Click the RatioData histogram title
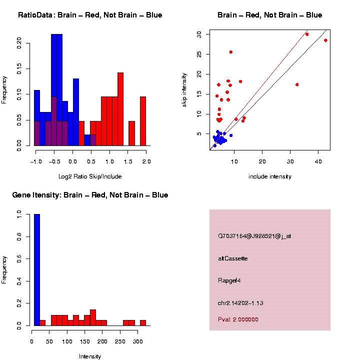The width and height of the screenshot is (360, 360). click(90, 15)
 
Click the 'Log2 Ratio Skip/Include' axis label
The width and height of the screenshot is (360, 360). click(90, 176)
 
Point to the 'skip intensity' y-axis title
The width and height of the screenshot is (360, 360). click(184, 88)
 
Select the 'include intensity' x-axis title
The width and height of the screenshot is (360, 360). click(269, 176)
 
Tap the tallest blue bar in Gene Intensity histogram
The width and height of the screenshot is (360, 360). click(37, 270)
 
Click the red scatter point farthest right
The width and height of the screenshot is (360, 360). click(325, 40)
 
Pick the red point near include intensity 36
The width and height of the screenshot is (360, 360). click(306, 34)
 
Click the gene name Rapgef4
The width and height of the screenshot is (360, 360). click(229, 280)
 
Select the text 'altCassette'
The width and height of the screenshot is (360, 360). click(233, 258)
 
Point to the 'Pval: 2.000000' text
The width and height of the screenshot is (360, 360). click(238, 319)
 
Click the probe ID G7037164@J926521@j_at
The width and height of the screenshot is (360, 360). click(254, 236)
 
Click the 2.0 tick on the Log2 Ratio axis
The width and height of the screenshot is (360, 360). click(146, 161)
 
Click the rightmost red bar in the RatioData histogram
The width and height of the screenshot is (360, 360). click(143, 121)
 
